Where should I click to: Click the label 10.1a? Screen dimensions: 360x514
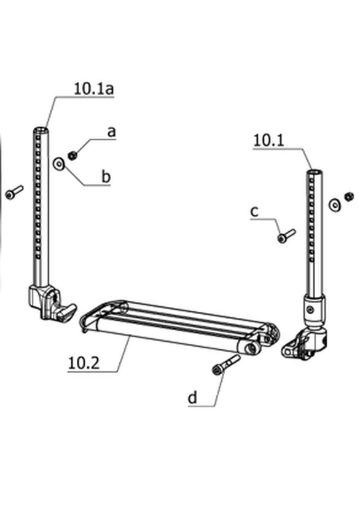tap(93, 89)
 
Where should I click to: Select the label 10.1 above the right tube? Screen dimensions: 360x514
tap(268, 141)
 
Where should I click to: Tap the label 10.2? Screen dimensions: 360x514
tap(84, 363)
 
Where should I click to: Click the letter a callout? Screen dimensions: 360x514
tap(112, 132)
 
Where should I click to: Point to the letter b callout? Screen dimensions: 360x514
tap(106, 177)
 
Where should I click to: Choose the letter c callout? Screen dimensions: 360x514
tap(254, 212)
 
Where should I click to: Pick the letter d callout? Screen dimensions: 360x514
tap(193, 398)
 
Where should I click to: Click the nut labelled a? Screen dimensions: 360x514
tap(72, 155)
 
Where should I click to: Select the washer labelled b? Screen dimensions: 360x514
tap(59, 164)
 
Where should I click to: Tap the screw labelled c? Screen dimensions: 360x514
tap(286, 236)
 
